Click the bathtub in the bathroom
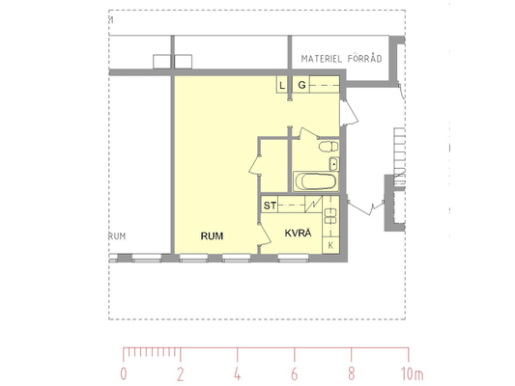[315, 181]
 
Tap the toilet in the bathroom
[329, 147]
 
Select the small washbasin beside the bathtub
[334, 164]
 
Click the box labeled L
[282, 85]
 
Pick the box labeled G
[301, 85]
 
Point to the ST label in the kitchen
[270, 206]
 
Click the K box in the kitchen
[330, 245]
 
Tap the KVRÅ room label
[298, 233]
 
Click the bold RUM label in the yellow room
[212, 235]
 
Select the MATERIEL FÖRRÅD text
[342, 59]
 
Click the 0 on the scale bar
[124, 373]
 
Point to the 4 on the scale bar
[237, 373]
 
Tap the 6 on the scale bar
[295, 373]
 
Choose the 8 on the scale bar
[352, 373]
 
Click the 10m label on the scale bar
[413, 373]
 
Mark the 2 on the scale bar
[181, 373]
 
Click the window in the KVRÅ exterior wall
[294, 258]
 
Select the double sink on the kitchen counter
[330, 216]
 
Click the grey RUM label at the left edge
[117, 236]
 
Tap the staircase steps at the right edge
[400, 156]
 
